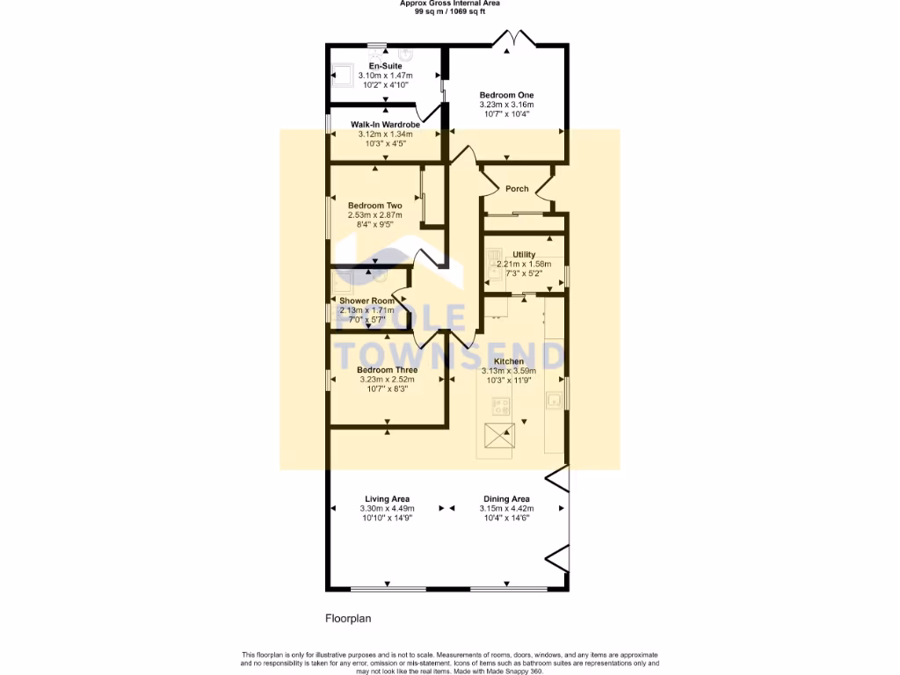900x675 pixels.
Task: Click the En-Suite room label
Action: coord(385,66)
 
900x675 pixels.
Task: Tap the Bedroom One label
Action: coord(505,95)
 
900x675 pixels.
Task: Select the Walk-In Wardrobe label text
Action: coord(385,125)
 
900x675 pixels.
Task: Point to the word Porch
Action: coord(517,189)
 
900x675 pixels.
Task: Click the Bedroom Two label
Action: coord(374,206)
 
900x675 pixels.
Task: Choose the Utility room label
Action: coord(524,255)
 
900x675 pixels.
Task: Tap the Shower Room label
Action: coord(367,301)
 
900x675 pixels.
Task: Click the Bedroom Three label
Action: coord(387,370)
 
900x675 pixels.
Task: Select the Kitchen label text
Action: coord(509,361)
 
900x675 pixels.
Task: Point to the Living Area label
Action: coord(387,499)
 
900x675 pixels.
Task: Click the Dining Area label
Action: coord(510,499)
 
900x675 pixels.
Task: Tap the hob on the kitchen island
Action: coord(502,407)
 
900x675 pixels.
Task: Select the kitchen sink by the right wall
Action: coord(554,401)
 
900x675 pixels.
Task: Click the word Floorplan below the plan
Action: coord(348,619)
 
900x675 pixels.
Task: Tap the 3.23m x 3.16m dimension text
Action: coord(505,105)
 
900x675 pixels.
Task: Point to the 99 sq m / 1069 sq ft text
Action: coord(451,11)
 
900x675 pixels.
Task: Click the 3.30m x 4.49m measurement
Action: coord(387,509)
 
